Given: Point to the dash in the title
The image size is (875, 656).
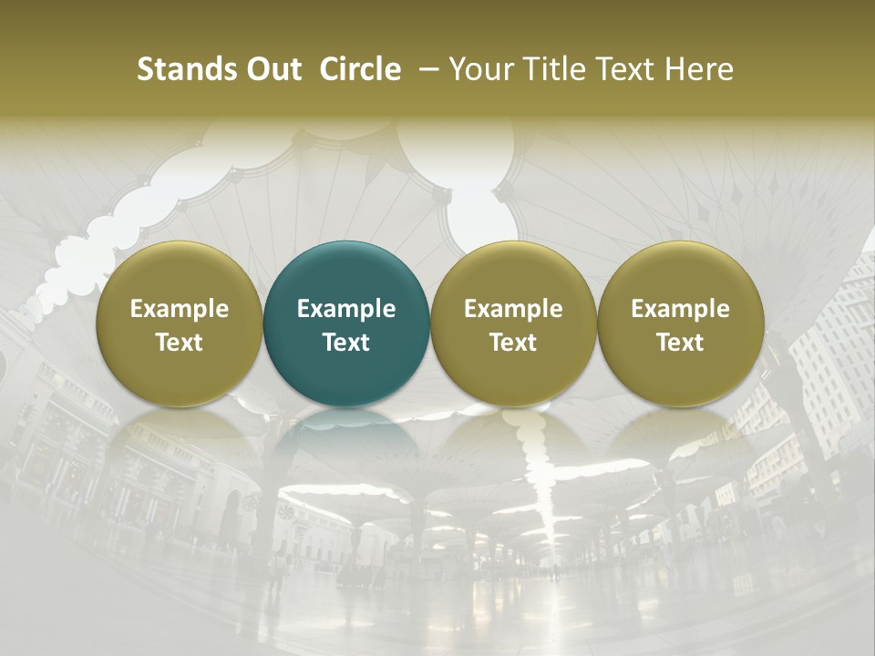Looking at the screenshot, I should coord(427,69).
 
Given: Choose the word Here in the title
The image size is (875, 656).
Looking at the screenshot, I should coord(700,69).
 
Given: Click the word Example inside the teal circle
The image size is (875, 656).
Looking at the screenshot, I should coord(346,309).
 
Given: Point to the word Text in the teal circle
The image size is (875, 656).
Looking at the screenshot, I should coord(346,343).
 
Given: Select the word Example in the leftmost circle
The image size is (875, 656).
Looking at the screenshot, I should coord(180,309).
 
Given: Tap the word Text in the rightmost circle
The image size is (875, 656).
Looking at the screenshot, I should coord(680,343).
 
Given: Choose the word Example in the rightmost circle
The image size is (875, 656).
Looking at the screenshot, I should coord(680,309).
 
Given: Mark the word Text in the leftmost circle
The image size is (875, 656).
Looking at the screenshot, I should coord(180,343).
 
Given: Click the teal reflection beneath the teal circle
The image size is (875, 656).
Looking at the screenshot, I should coord(346,433).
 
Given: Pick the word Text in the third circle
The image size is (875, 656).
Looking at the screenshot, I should coord(513,343).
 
